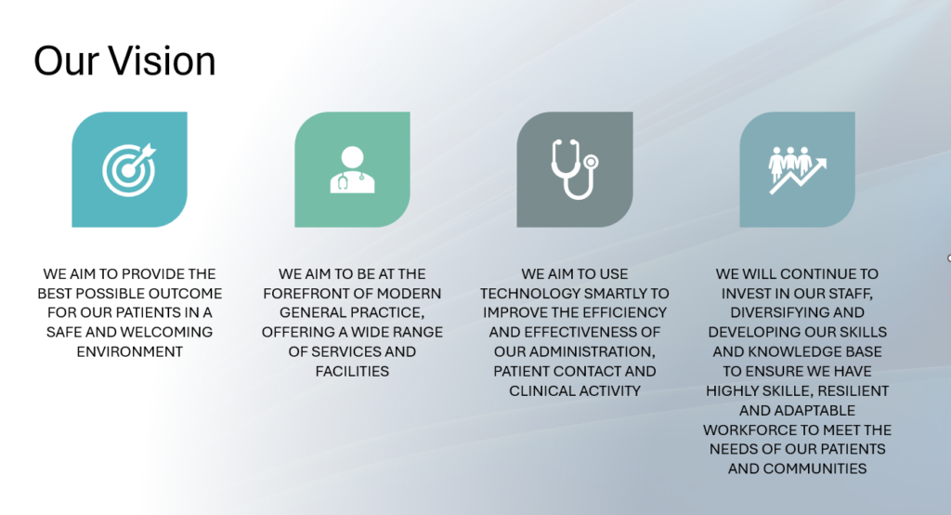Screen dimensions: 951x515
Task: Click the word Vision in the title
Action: [x=162, y=61]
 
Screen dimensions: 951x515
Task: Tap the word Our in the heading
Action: [x=67, y=61]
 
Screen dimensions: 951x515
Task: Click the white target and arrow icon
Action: [x=129, y=169]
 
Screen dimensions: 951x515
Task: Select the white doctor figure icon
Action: [x=352, y=169]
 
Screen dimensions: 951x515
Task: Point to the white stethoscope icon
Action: [x=575, y=169]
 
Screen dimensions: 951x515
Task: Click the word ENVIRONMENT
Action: [x=130, y=351]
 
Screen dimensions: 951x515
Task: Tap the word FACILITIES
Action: [x=352, y=371]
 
